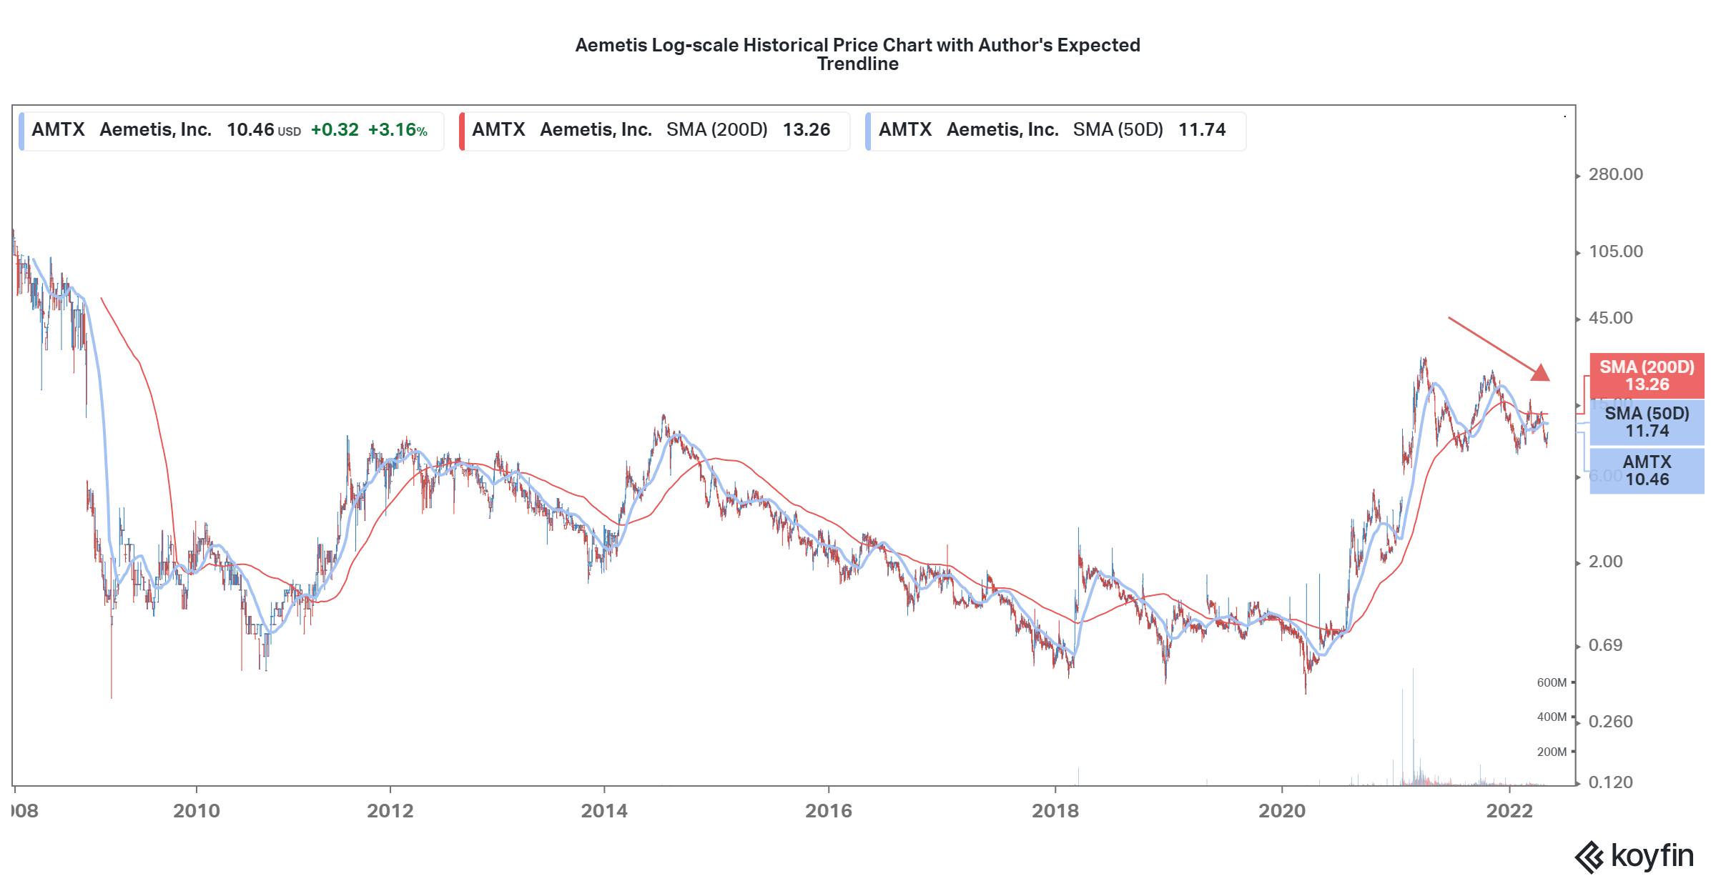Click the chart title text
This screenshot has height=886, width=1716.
(857, 54)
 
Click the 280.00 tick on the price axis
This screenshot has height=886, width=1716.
(1615, 174)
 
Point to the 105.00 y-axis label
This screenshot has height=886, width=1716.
(1615, 252)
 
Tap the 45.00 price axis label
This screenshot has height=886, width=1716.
(1610, 318)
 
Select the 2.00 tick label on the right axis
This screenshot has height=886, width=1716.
(1605, 562)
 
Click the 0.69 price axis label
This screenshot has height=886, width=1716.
(1605, 645)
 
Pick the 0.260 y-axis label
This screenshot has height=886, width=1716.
(1610, 722)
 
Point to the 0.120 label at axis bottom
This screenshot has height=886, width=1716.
(1610, 782)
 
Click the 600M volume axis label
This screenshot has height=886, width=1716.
(1551, 682)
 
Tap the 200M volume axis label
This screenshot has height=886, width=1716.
(1551, 752)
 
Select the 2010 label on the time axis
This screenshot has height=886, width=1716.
(197, 811)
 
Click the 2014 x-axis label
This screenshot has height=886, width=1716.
(604, 811)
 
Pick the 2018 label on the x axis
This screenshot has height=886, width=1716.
(1055, 811)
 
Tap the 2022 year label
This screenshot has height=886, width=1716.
(1509, 811)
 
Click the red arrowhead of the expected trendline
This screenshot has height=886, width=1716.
(1541, 372)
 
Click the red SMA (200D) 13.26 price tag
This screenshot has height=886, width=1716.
(1646, 376)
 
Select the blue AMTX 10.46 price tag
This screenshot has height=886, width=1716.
(1646, 471)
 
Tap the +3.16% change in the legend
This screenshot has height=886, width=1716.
(398, 130)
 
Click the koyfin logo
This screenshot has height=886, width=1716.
(1634, 856)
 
